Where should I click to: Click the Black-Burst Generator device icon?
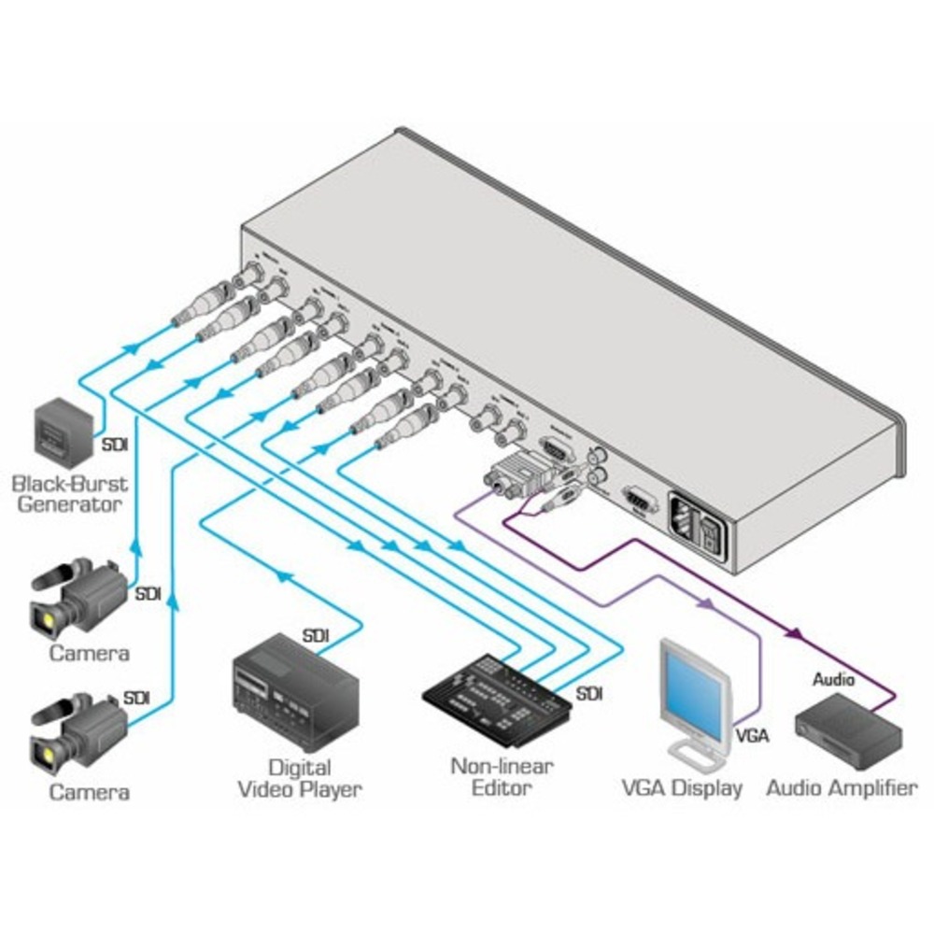[64, 432]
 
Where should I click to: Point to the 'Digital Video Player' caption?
[299, 779]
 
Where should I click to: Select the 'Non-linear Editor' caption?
[501, 777]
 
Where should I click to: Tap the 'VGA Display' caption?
[682, 788]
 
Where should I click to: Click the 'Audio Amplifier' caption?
[842, 788]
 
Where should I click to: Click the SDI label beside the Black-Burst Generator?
[115, 445]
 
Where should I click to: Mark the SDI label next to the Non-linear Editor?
[589, 693]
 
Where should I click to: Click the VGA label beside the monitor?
[752, 735]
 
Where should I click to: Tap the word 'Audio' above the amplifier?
[833, 680]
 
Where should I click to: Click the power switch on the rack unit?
[712, 533]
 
